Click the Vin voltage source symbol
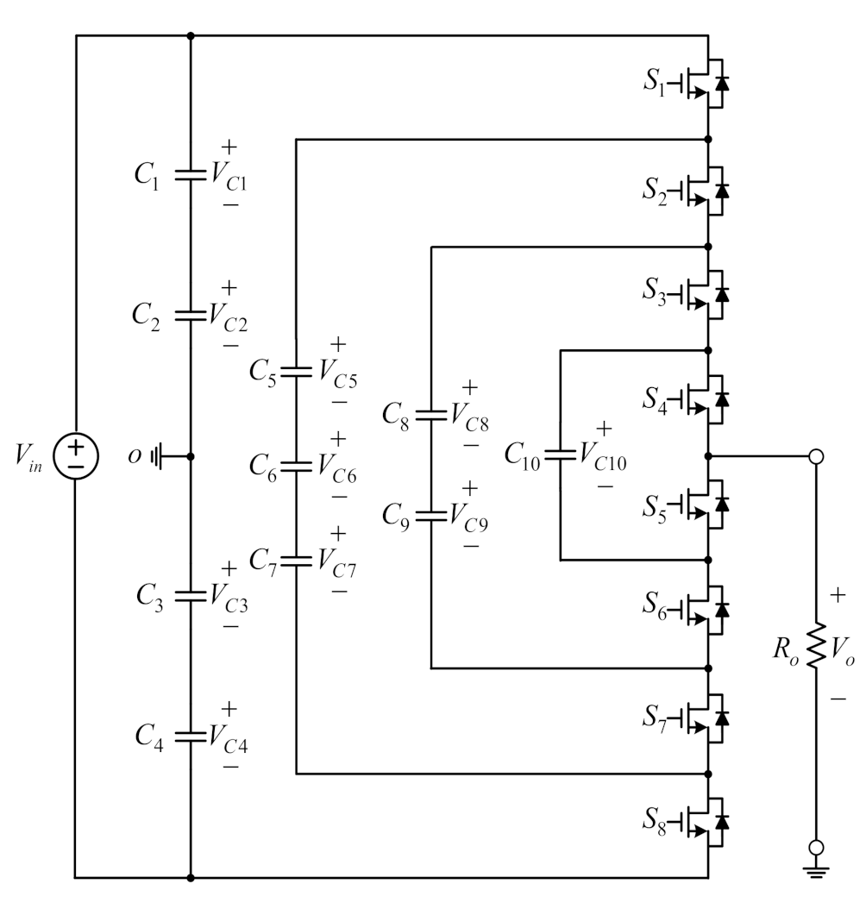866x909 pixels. [x=77, y=455]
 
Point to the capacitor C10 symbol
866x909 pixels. [x=561, y=454]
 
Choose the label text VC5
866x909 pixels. [x=338, y=373]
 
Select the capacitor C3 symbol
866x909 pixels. [x=190, y=596]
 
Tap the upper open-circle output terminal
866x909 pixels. [x=814, y=455]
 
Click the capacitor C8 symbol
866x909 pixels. [x=430, y=415]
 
